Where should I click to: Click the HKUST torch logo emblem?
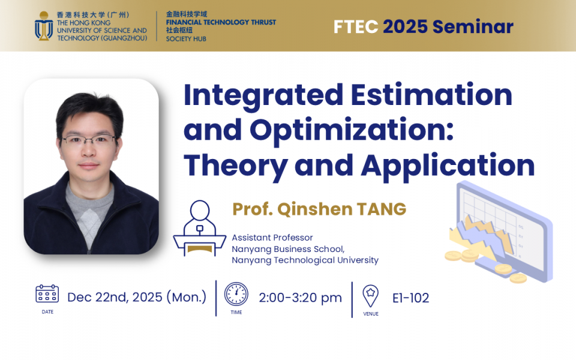pyautogui.click(x=44, y=26)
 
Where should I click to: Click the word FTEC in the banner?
pyautogui.click(x=356, y=27)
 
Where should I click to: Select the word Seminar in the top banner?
pyautogui.click(x=473, y=27)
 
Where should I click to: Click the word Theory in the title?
pyautogui.click(x=235, y=167)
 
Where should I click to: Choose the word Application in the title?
pyautogui.click(x=448, y=167)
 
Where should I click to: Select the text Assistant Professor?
pyautogui.click(x=272, y=238)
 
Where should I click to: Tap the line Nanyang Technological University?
pyautogui.click(x=305, y=260)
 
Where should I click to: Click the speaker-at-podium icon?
pyautogui.click(x=199, y=228)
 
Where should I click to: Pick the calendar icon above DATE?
pyautogui.click(x=47, y=293)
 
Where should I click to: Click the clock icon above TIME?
pyautogui.click(x=236, y=294)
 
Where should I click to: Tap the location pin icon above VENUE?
pyautogui.click(x=371, y=296)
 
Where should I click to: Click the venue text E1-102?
pyautogui.click(x=410, y=298)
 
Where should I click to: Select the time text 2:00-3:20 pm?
pyautogui.click(x=300, y=298)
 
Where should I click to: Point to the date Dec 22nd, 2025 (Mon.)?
pyautogui.click(x=137, y=297)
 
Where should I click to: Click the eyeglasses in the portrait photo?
pyautogui.click(x=89, y=140)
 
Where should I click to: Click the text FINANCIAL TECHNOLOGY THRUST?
pyautogui.click(x=221, y=22)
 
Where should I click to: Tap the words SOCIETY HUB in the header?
pyautogui.click(x=186, y=39)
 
